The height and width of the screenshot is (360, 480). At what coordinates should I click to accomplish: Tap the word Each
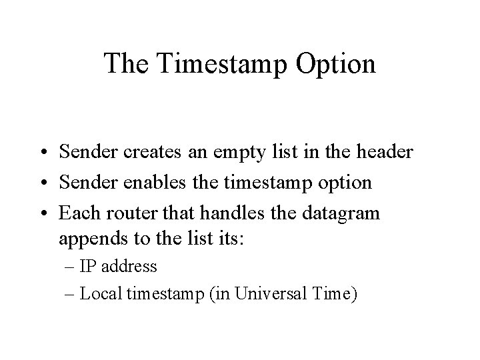coord(78,213)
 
